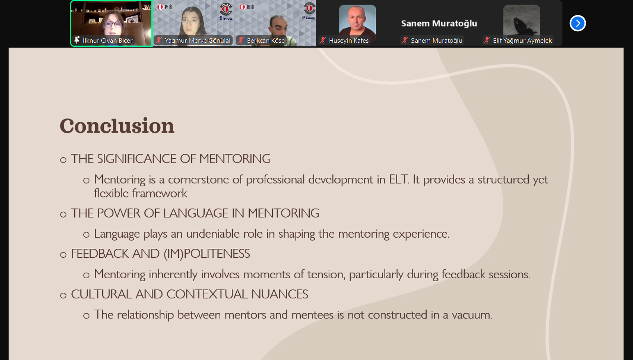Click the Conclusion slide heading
117,126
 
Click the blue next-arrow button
578,23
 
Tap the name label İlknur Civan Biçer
107,41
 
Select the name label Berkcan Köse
266,41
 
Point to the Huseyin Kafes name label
349,41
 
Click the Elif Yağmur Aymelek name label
522,41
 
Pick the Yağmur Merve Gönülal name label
197,41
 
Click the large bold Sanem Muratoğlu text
439,23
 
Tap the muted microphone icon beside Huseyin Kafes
323,41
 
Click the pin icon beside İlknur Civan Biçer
77,40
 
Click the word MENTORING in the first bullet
235,158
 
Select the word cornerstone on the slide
199,179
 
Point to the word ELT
399,179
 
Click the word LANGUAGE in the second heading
196,213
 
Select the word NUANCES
279,294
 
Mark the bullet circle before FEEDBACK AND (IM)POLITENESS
63,255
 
